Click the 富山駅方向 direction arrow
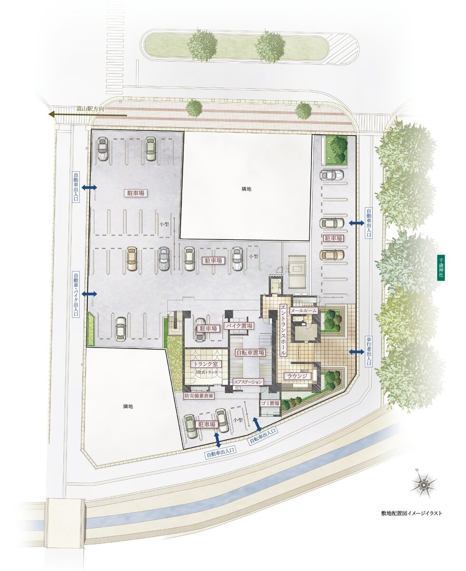point(87,115)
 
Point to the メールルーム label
point(303,311)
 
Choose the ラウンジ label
point(297,376)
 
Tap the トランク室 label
point(206,364)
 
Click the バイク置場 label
point(239,326)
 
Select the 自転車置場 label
point(250,352)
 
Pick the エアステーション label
point(248,382)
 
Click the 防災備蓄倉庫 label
point(199,396)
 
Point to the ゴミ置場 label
point(270,404)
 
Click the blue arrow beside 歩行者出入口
point(356,352)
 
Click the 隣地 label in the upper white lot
point(246,189)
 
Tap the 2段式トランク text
point(206,372)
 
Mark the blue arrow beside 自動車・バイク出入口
point(89,294)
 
